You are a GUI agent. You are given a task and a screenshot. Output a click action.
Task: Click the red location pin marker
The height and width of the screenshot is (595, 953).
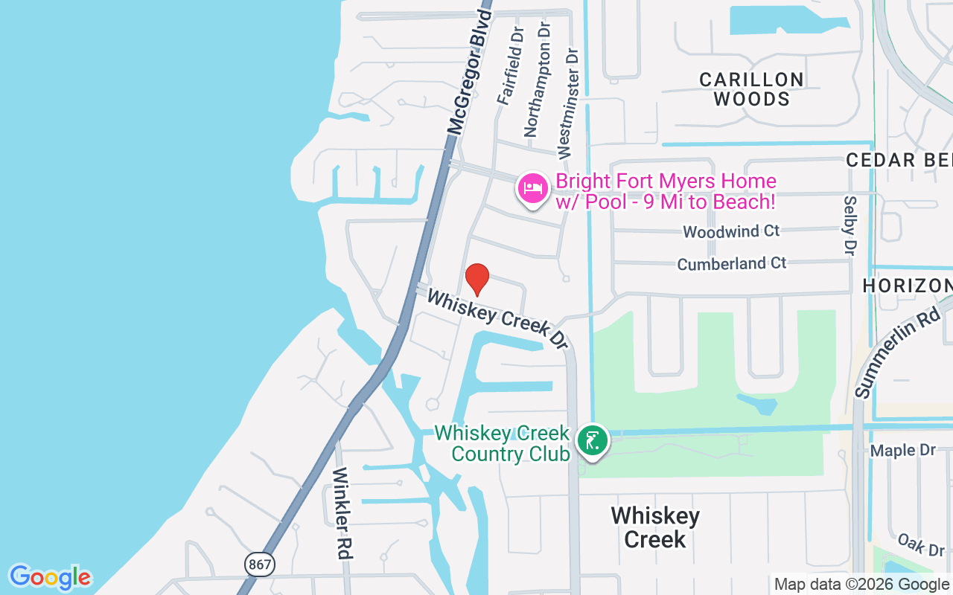(x=476, y=279)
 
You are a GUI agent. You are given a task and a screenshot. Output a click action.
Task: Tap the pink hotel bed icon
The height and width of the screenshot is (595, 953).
(x=533, y=187)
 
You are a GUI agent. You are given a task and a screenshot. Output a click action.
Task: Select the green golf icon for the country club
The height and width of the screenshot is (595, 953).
(x=593, y=440)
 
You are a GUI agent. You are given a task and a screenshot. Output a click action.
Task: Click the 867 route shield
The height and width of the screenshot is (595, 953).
(x=260, y=565)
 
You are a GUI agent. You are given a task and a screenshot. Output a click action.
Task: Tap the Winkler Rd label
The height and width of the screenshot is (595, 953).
(x=342, y=513)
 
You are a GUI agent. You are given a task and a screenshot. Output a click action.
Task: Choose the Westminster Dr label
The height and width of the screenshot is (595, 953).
(x=567, y=103)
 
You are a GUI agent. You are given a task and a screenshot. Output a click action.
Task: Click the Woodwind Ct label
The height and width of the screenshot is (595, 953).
(x=731, y=231)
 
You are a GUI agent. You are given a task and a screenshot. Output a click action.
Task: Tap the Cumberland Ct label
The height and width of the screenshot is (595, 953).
(x=731, y=263)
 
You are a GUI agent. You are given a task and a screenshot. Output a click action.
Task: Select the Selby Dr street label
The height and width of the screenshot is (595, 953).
(x=849, y=225)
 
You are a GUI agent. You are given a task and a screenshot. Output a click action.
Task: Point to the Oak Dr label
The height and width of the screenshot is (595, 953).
(x=920, y=544)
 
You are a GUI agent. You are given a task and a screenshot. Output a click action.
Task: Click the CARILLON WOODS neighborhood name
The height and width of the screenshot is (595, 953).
(x=751, y=89)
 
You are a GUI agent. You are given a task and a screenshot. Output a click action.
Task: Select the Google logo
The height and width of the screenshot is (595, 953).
(x=51, y=577)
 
